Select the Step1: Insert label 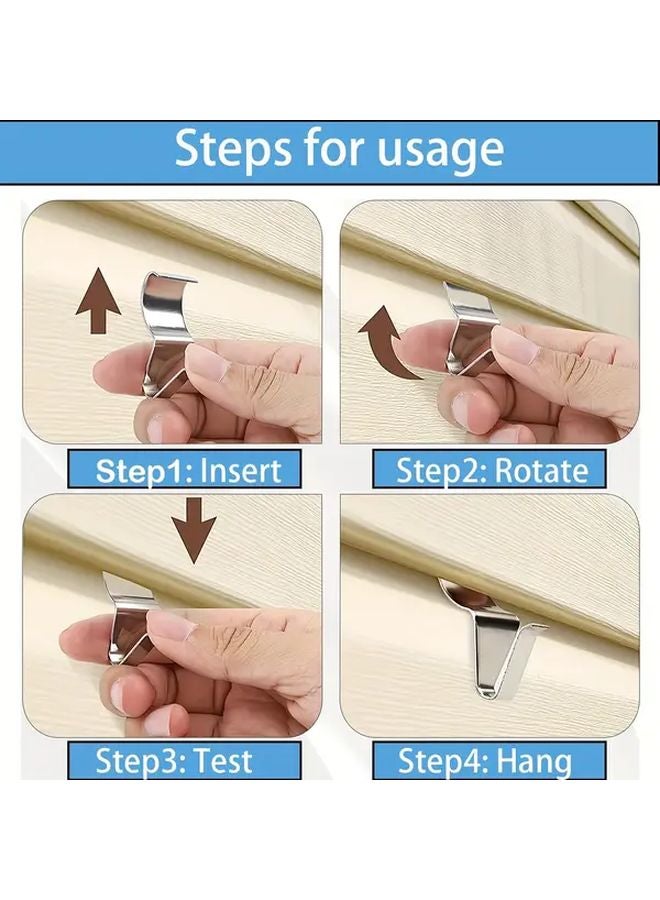coord(188,469)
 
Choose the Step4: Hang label coord(485,760)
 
